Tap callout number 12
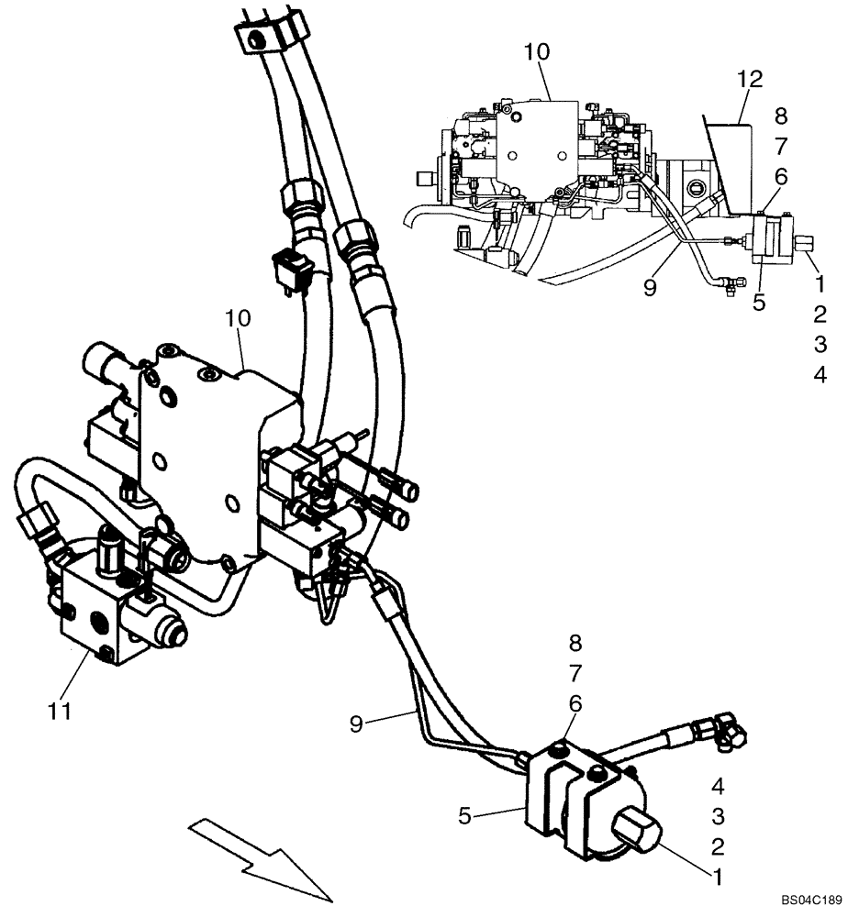pyautogui.click(x=750, y=80)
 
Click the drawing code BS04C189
pyautogui.click(x=811, y=902)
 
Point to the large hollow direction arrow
pyautogui.click(x=258, y=858)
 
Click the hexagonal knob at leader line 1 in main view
pyautogui.click(x=633, y=831)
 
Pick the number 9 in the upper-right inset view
pyautogui.click(x=649, y=288)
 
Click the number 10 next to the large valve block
pyautogui.click(x=238, y=318)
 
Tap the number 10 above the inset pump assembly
pyautogui.click(x=536, y=52)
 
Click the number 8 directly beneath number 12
pyautogui.click(x=781, y=116)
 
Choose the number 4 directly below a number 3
pyautogui.click(x=820, y=375)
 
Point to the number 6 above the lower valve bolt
pyautogui.click(x=575, y=703)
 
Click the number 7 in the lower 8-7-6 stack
pyautogui.click(x=575, y=674)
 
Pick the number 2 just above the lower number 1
pyautogui.click(x=719, y=846)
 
